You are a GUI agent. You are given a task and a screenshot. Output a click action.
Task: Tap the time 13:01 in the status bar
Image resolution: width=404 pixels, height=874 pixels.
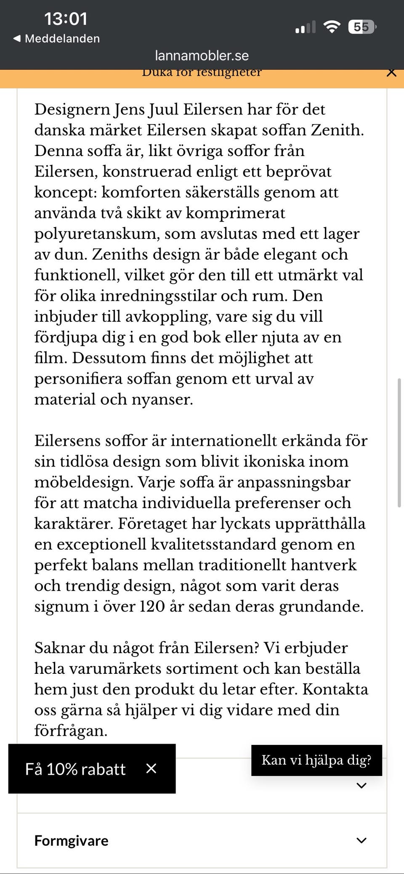[x=66, y=19]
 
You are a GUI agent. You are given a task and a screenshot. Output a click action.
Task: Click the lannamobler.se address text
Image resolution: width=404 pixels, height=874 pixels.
[x=202, y=56]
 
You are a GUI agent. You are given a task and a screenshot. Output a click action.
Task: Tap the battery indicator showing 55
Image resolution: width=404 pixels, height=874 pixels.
[x=361, y=27]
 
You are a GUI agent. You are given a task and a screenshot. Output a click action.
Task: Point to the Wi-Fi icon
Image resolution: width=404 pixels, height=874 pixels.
[x=332, y=27]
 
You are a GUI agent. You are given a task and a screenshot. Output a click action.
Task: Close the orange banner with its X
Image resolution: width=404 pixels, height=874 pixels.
[x=391, y=72]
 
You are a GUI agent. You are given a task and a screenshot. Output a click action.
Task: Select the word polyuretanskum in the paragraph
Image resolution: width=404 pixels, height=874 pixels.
[x=96, y=234]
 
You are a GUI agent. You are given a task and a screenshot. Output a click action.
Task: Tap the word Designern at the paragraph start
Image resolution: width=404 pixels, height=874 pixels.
[x=72, y=109]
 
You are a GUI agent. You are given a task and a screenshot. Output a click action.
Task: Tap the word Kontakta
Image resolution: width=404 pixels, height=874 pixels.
[x=335, y=689]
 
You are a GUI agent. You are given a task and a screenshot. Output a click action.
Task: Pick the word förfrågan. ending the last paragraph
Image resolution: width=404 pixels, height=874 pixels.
[x=71, y=731]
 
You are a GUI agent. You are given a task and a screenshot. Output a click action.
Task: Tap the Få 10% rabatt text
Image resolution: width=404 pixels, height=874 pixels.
[x=75, y=769]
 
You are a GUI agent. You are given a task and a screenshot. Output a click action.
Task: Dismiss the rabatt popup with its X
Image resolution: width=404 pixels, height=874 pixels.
[x=151, y=768]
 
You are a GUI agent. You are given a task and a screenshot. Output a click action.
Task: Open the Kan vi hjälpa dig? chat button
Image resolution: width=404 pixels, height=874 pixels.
[x=316, y=760]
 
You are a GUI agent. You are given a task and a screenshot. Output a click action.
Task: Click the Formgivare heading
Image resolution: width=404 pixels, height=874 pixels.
[x=71, y=840]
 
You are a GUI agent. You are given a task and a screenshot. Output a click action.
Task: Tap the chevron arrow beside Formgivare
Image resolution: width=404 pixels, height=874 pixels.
[x=361, y=840]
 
